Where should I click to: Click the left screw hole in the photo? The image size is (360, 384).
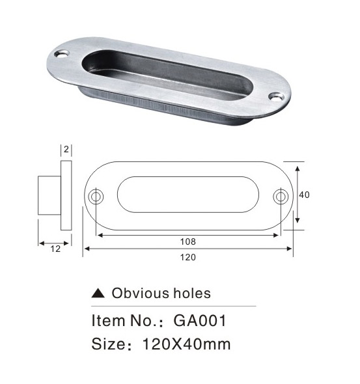click(61, 53)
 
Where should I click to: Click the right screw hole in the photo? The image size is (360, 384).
click(277, 96)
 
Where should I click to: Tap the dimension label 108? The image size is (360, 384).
click(188, 241)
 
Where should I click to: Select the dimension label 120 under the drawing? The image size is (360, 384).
click(188, 257)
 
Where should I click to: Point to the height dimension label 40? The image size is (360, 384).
click(304, 195)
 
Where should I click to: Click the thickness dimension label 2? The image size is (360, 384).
click(66, 149)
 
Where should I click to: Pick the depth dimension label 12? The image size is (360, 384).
click(55, 249)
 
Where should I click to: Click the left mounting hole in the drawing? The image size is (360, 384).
click(96, 196)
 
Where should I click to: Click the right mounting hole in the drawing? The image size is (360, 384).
click(281, 196)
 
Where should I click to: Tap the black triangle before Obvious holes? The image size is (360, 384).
click(98, 293)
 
